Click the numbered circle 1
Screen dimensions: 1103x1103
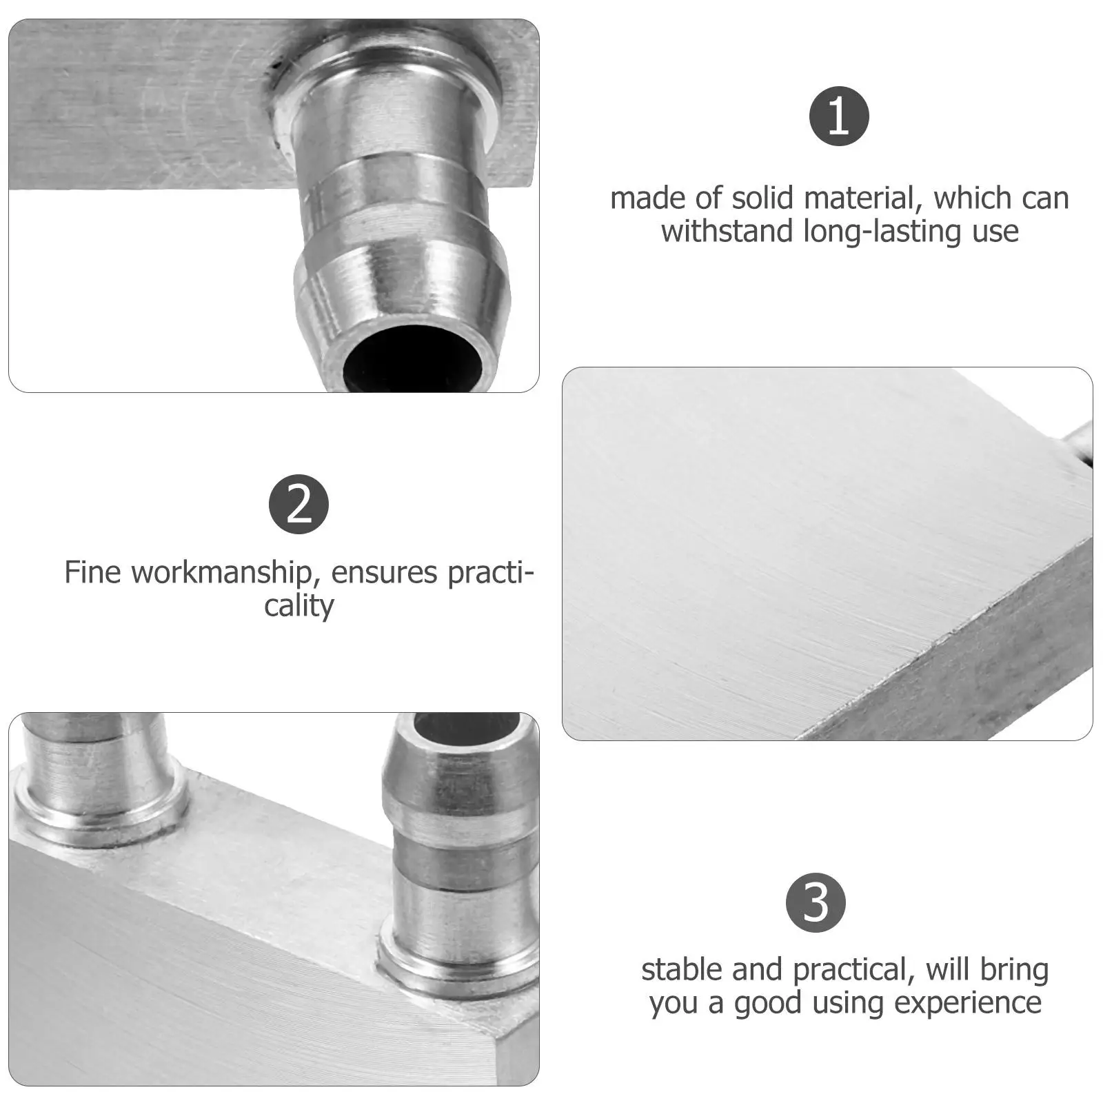pyautogui.click(x=839, y=116)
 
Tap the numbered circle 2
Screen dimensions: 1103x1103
pyautogui.click(x=298, y=504)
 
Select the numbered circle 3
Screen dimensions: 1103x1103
pyautogui.click(x=816, y=903)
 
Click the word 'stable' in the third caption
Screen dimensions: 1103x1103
pyautogui.click(x=682, y=969)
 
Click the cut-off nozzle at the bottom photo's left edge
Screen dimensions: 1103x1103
pyautogui.click(x=97, y=772)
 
